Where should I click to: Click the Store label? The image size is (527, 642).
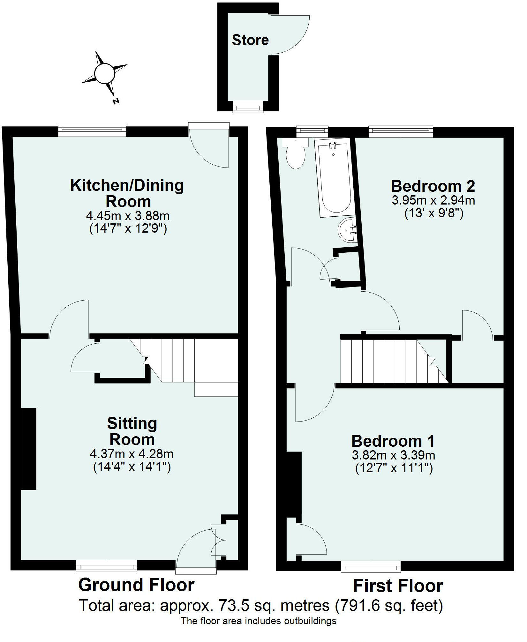[x=250, y=40]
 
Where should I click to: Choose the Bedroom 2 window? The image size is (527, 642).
[x=401, y=131]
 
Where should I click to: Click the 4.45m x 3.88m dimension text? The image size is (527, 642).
[x=128, y=216]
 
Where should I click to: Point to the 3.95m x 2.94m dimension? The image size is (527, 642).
[x=433, y=200]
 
